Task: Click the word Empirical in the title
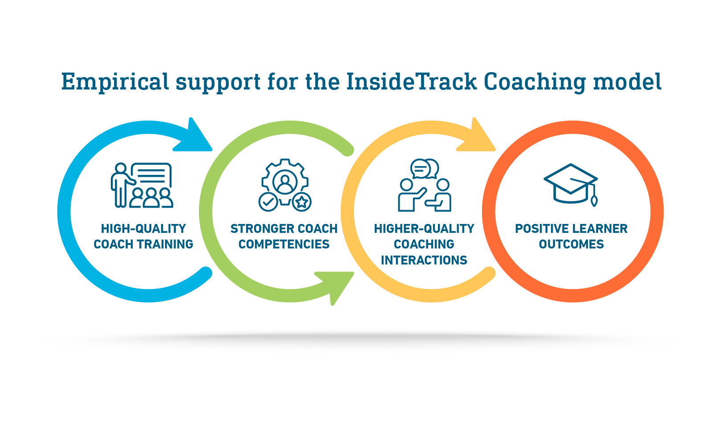click(x=115, y=82)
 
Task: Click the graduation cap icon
click(x=571, y=183)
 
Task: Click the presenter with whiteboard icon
click(x=142, y=185)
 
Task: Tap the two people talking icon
click(x=424, y=186)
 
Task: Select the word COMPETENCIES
click(x=284, y=244)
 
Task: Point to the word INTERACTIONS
click(x=424, y=260)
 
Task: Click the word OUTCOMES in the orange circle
click(x=571, y=244)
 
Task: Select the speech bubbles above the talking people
click(x=425, y=169)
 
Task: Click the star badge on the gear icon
click(x=302, y=202)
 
